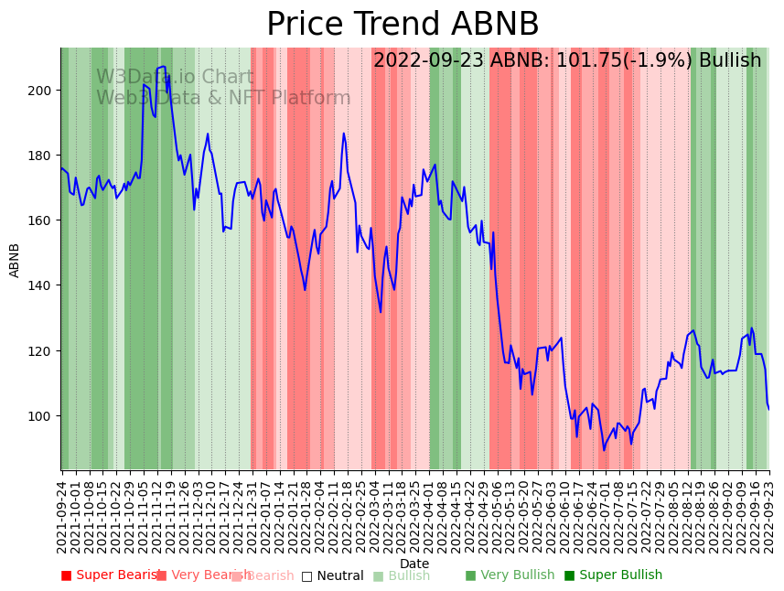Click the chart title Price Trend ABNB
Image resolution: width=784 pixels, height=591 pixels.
403,25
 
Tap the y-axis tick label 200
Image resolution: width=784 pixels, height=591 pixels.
42,91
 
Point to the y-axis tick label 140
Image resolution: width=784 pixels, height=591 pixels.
42,285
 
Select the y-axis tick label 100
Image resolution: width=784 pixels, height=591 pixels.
42,416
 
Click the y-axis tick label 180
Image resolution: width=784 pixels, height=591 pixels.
42,156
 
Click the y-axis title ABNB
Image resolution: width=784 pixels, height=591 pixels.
15,259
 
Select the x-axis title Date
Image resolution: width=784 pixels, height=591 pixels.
414,564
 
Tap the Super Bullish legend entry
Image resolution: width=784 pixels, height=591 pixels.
613,575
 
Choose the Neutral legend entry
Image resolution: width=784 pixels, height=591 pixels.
332,575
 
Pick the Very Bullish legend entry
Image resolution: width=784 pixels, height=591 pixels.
510,575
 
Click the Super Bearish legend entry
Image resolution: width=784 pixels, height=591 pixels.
111,575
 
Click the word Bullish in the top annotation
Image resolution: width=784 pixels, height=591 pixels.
729,61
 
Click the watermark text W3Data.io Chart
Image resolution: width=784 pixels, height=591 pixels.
175,78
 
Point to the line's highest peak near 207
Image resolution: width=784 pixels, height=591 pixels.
163,67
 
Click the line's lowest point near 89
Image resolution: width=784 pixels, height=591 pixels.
604,449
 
